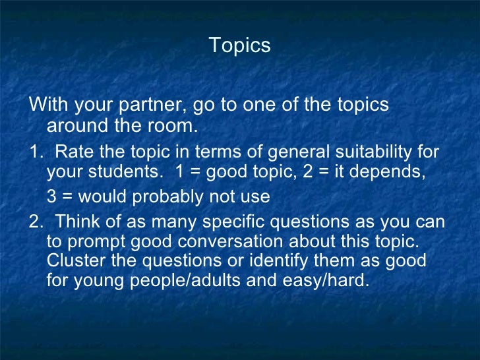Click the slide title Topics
(239, 46)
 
